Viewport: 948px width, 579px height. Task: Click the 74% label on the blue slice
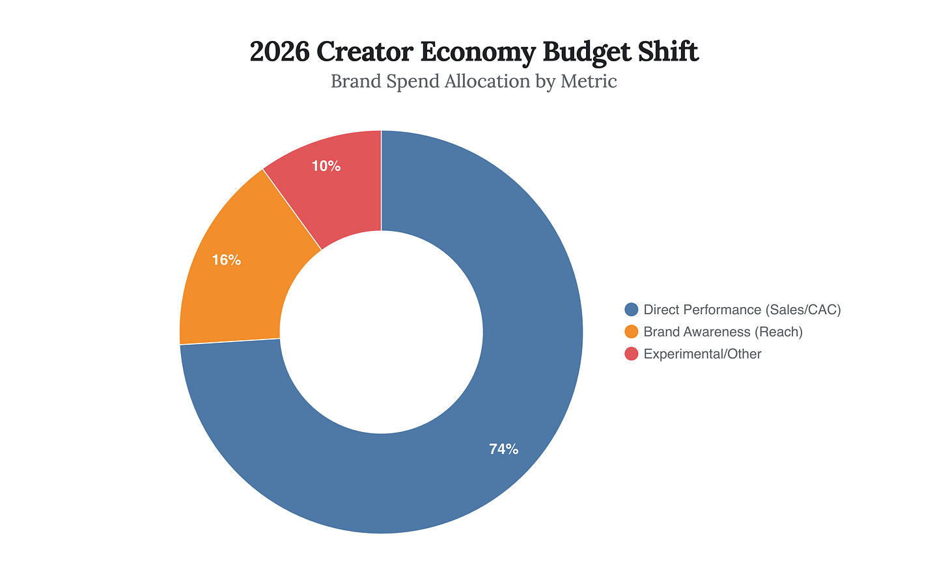tap(503, 449)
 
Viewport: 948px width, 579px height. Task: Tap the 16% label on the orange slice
tap(226, 260)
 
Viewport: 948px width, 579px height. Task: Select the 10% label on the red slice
tap(326, 166)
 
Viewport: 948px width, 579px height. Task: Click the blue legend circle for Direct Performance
tap(631, 310)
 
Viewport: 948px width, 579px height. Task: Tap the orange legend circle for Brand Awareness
tap(631, 332)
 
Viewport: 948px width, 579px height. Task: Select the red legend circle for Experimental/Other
tap(631, 354)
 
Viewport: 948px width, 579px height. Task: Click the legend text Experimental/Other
tap(702, 354)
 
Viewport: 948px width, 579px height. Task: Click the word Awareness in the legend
tap(716, 332)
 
